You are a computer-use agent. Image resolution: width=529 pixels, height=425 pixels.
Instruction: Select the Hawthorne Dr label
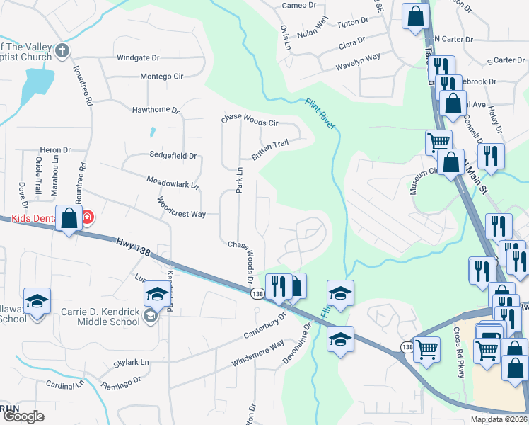point(156,110)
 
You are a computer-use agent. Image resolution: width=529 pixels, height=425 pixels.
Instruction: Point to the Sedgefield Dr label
point(172,155)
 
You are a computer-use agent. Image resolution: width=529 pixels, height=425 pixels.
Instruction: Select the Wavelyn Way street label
point(358,57)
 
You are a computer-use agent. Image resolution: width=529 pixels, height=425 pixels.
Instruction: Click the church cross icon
point(62,51)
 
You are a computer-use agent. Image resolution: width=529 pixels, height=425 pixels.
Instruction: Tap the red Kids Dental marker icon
point(87,216)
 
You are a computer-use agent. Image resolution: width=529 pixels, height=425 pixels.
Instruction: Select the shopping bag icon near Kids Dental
point(69,218)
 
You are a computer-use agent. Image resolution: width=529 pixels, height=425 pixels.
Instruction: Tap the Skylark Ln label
point(132,363)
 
